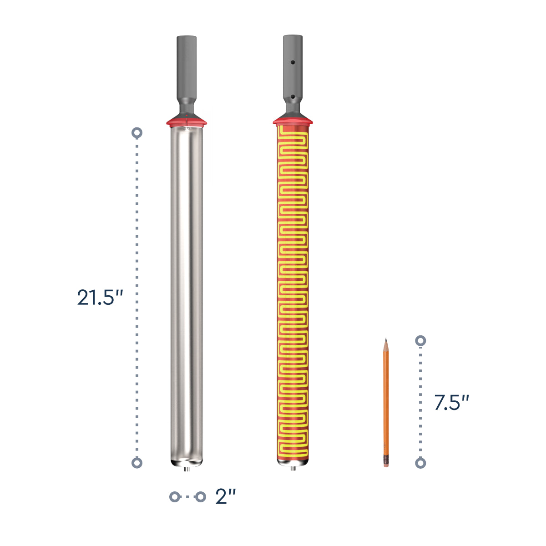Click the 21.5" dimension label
click(100, 297)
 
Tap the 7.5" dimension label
click(452, 402)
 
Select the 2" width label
click(226, 497)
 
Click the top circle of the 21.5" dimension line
click(137, 133)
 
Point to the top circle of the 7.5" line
click(420, 341)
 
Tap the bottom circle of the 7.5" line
click(420, 463)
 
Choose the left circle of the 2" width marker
click(175, 497)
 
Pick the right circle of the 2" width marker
click(200, 497)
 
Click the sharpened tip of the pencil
click(386, 338)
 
